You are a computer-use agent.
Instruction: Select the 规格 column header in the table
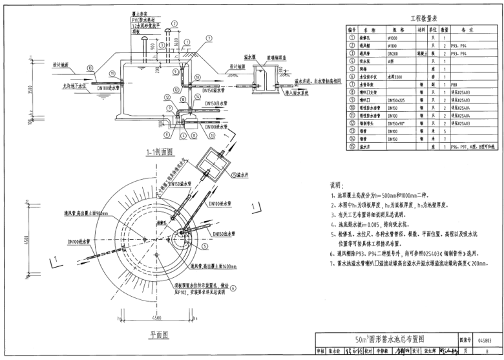pyautogui.click(x=394, y=30)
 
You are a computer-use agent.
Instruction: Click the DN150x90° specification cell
pyautogui.click(x=395, y=123)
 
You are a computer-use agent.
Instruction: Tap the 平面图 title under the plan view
pyautogui.click(x=158, y=335)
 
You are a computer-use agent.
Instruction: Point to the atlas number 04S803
pyautogui.click(x=485, y=338)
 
